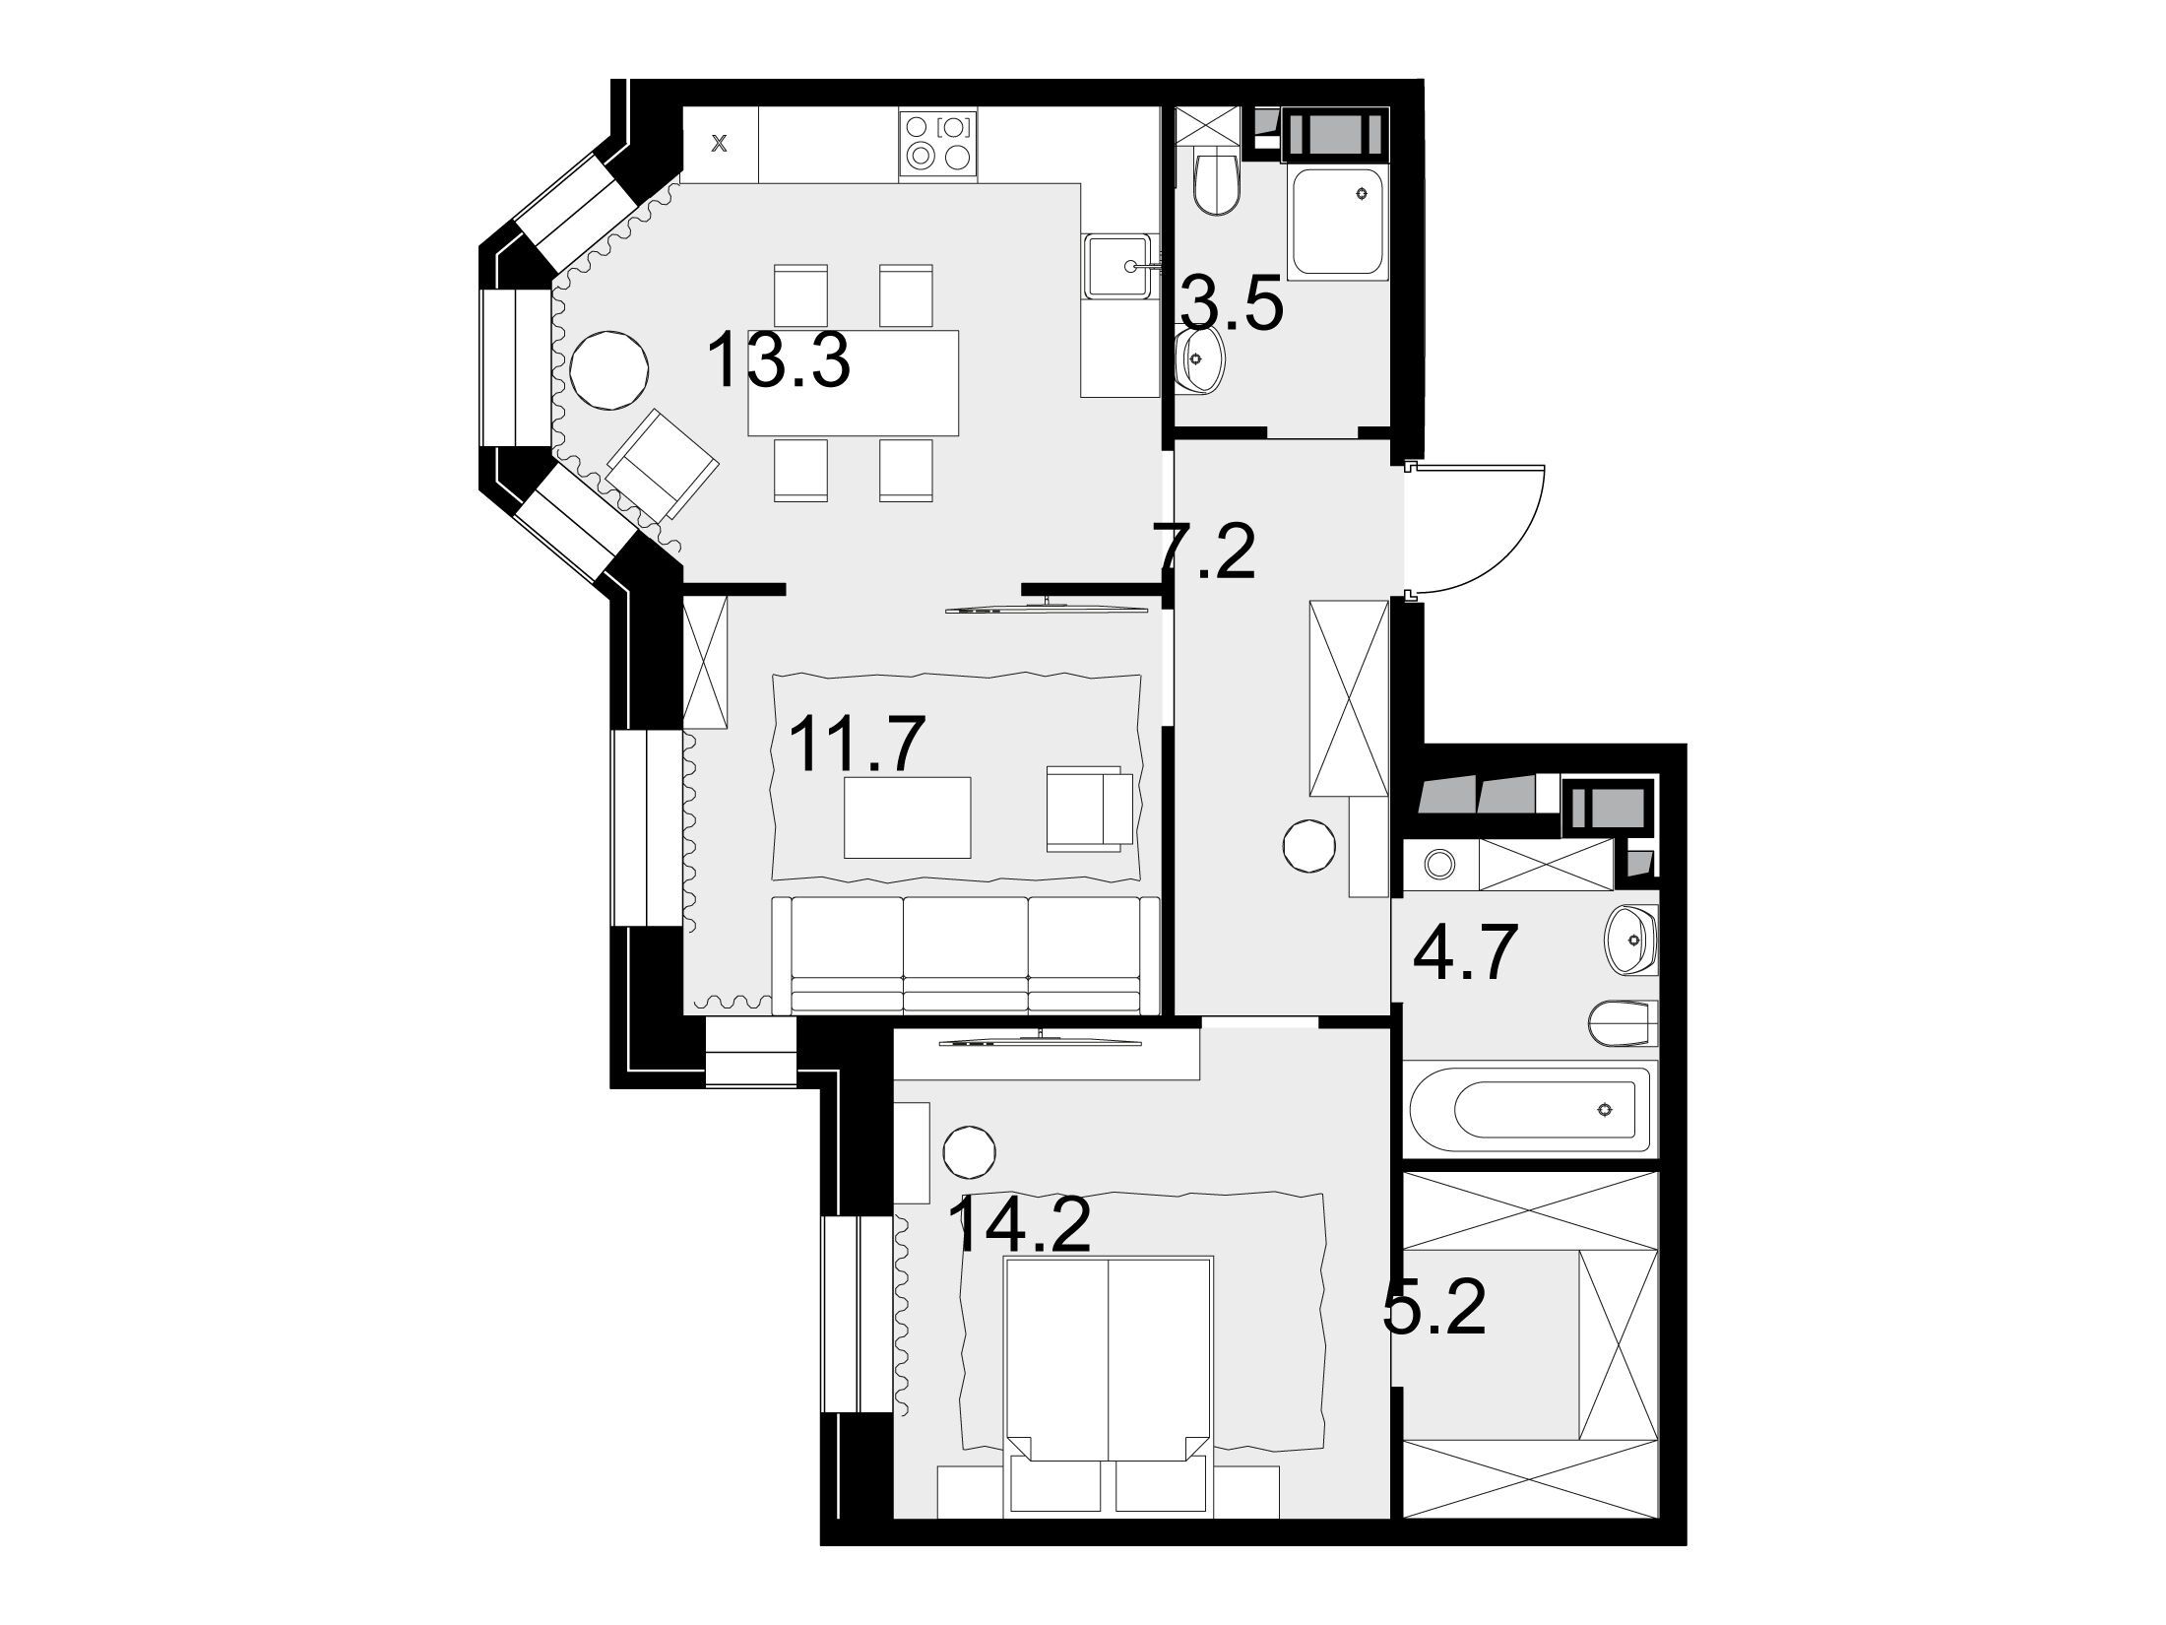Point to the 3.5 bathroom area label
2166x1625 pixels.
point(1232,306)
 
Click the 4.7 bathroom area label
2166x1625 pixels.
point(1460,952)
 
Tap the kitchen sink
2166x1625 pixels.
point(1118,266)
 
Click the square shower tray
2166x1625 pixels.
point(1337,223)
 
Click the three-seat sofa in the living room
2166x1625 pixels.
point(966,955)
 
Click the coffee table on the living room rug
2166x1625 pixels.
point(908,817)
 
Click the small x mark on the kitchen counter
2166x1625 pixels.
point(720,145)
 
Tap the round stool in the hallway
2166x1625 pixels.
point(1309,845)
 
